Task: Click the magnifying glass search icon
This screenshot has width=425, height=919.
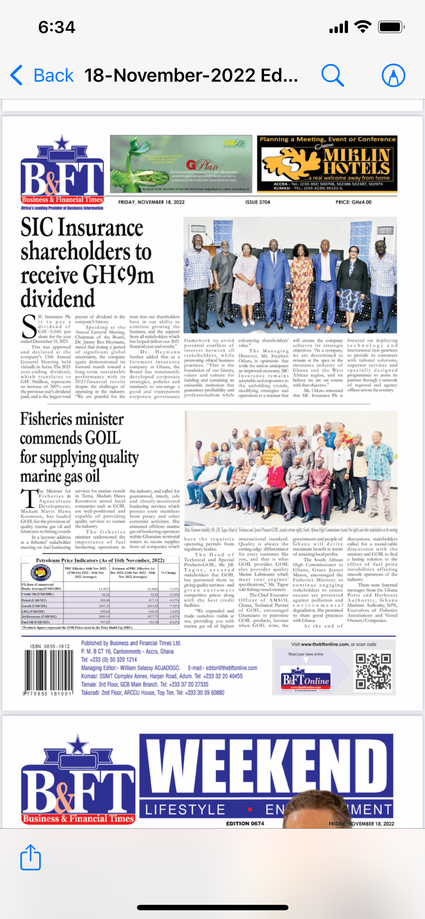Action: click(x=332, y=75)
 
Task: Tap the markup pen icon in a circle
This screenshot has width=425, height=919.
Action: click(x=393, y=75)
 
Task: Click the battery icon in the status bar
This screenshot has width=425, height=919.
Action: click(x=391, y=27)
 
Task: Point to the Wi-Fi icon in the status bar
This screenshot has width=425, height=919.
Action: click(x=363, y=27)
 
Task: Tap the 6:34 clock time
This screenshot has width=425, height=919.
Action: click(x=57, y=27)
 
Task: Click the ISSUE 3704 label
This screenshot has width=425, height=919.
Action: click(x=258, y=202)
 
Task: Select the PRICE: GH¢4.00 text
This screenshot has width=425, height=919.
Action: click(x=353, y=202)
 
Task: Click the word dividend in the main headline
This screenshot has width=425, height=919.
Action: click(x=58, y=299)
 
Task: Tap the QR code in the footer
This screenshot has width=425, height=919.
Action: click(x=373, y=671)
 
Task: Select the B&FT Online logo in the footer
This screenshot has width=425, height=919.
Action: click(x=306, y=679)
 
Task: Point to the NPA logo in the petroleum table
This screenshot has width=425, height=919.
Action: click(x=40, y=573)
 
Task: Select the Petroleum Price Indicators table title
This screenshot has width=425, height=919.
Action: click(x=100, y=560)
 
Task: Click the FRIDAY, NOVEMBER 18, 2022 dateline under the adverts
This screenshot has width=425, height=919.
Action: click(x=151, y=202)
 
